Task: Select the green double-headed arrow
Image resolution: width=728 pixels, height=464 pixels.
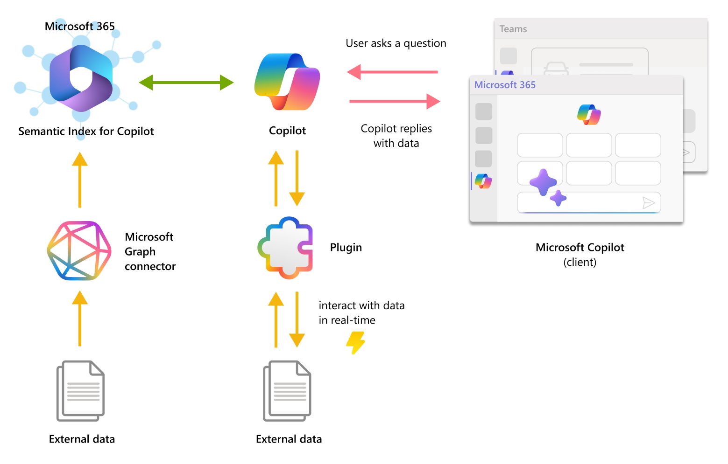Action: point(186,83)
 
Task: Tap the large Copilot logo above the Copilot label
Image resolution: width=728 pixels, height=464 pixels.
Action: point(287,82)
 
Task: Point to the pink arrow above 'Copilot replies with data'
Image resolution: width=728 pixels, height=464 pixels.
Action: point(395,101)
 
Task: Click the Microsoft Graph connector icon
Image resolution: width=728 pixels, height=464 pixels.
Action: point(79,251)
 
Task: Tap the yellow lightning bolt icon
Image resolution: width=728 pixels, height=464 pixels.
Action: point(355,343)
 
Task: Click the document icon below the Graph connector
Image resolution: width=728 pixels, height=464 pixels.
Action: point(80,391)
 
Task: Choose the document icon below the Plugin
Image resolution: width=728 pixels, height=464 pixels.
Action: point(287,391)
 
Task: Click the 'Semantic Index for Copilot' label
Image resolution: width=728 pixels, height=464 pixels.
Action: point(86,132)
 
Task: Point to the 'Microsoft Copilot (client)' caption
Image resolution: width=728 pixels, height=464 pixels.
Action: point(580,254)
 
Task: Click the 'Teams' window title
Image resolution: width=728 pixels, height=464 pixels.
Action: point(513,29)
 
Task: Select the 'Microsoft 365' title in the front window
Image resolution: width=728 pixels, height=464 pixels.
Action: point(505,85)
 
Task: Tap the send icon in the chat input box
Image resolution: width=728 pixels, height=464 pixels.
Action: point(648,202)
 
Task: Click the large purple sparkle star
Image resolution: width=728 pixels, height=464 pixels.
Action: point(543,182)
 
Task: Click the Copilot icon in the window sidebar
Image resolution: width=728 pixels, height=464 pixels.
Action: point(483,181)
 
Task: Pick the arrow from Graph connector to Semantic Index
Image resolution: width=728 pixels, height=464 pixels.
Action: point(80,180)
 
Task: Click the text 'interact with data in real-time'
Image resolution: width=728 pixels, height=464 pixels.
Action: point(361,312)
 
